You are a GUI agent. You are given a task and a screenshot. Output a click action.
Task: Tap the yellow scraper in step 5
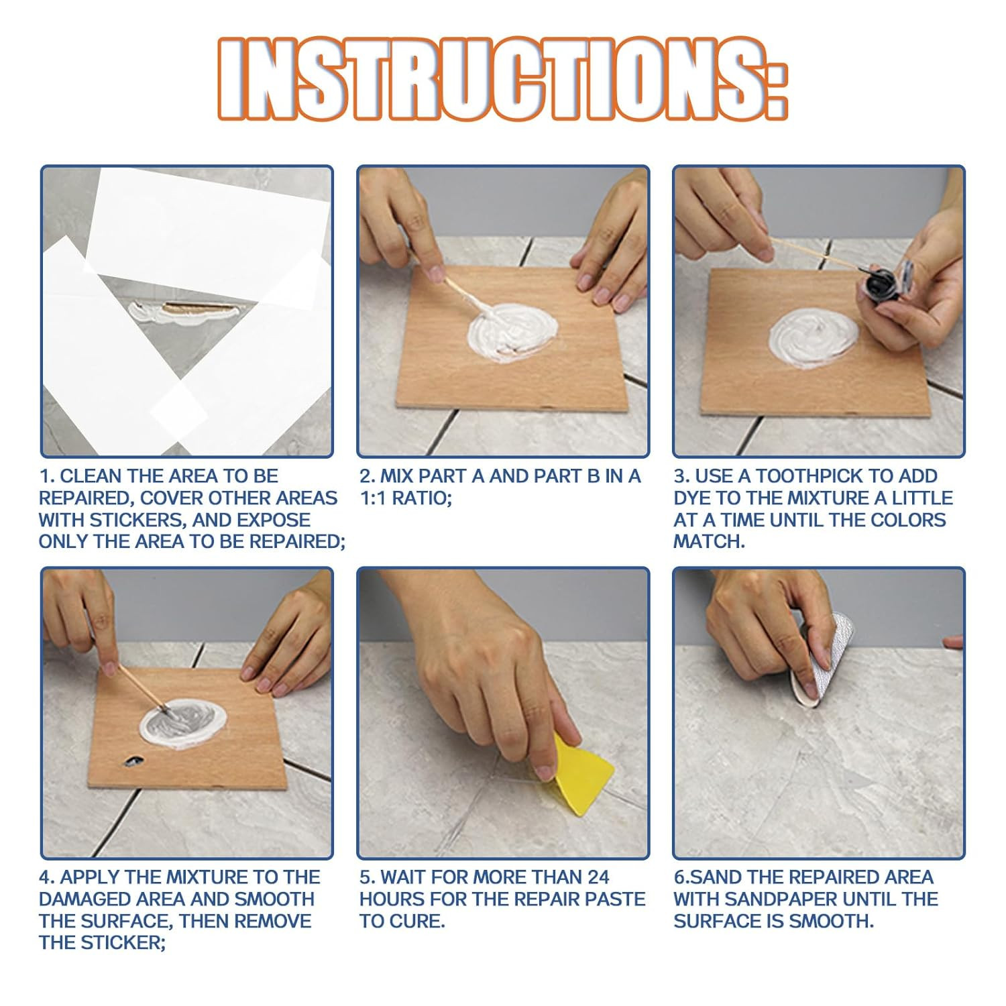click(580, 775)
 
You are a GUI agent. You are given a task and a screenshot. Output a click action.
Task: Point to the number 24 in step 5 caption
click(598, 877)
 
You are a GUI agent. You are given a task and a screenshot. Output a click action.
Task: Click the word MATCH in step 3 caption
click(708, 542)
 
